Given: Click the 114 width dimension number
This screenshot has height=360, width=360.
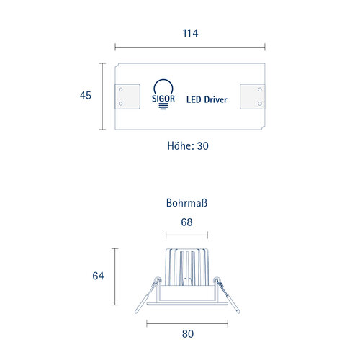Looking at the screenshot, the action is coord(190,33).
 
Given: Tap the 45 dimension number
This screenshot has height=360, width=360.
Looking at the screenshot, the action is coord(86,95).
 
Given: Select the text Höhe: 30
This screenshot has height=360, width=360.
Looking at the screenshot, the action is coord(188,146).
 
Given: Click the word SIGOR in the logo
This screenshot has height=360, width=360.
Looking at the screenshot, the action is coord(163,99).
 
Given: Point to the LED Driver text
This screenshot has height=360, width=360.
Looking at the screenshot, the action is coord(207,99).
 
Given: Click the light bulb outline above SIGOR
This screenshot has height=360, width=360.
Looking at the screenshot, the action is coord(163,81).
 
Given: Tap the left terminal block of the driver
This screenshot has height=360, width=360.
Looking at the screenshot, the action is coord(127,96).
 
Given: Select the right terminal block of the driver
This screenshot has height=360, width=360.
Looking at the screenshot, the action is coord(253,96).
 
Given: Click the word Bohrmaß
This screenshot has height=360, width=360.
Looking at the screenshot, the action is coord(186,203).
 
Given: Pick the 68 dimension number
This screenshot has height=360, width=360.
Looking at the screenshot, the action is coord(186,222).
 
